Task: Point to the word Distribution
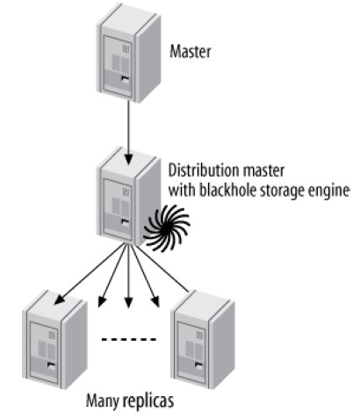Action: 202,168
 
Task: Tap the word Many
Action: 103,401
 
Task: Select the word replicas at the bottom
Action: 148,401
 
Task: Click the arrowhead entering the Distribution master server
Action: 129,157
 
